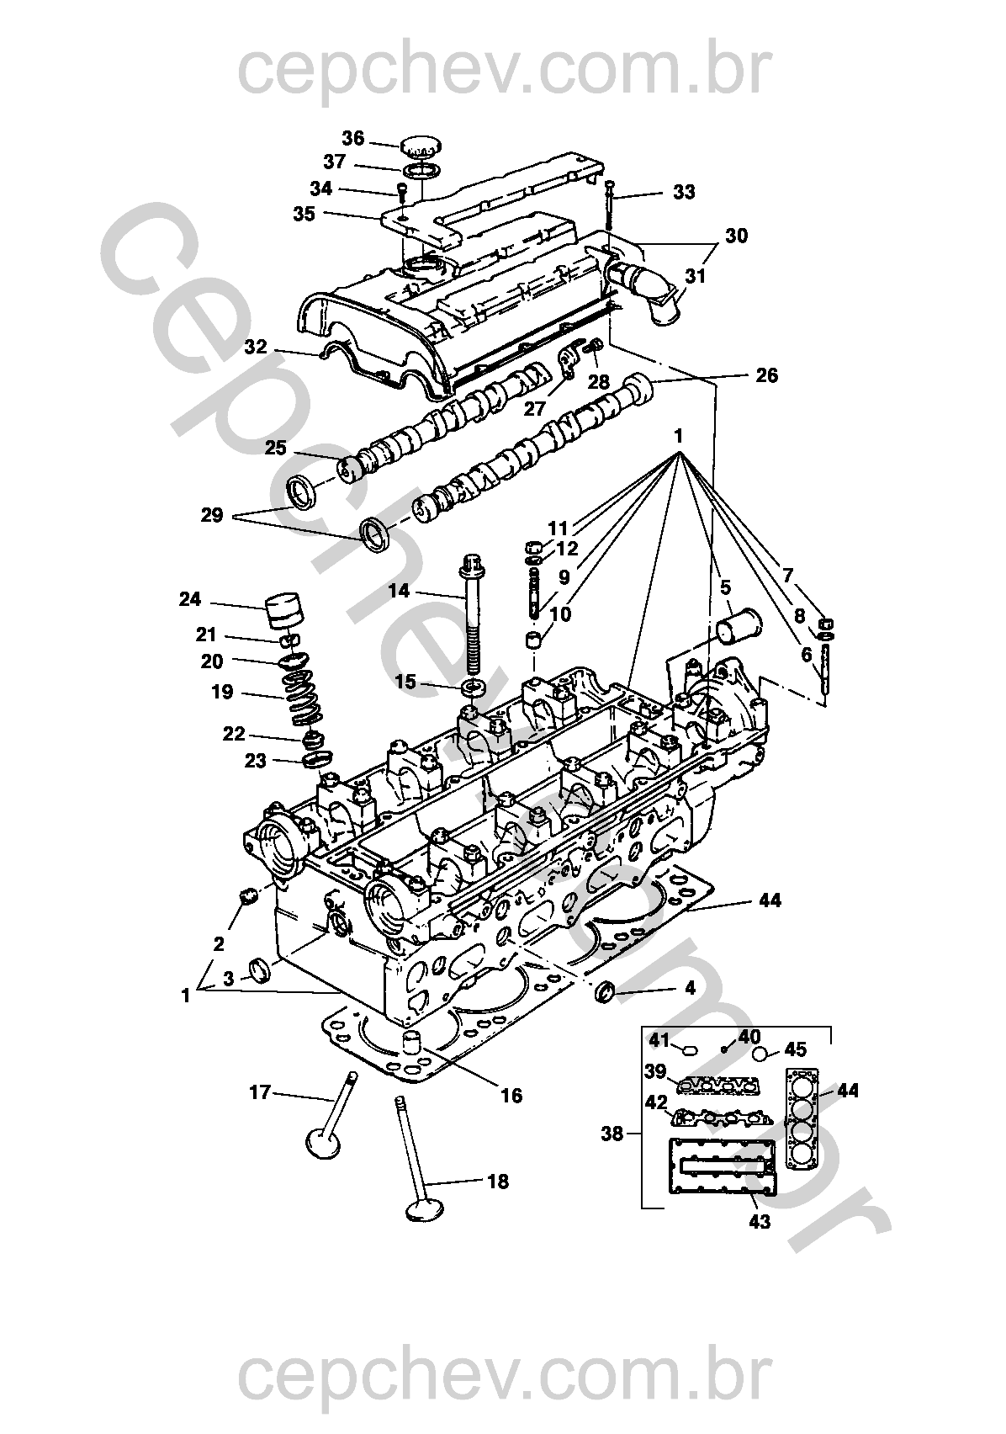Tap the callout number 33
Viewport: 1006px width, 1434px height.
point(684,193)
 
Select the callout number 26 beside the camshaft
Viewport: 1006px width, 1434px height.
point(766,375)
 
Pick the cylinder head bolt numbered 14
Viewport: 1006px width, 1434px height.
point(470,614)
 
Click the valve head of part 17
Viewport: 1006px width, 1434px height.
point(323,1143)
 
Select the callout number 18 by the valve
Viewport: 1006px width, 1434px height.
point(498,1182)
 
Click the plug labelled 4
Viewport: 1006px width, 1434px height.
point(605,993)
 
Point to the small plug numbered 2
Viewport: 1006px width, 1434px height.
point(247,898)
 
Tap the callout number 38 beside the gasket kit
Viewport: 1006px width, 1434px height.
point(612,1134)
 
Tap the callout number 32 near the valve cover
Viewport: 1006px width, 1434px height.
point(256,347)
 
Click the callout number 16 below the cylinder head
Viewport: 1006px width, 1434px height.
point(511,1095)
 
